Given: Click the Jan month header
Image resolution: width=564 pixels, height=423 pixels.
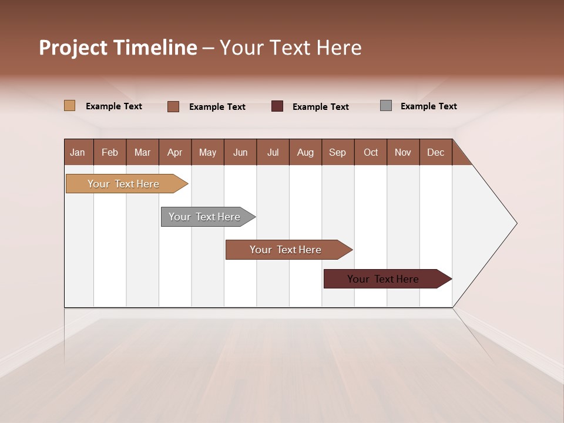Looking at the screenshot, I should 78,152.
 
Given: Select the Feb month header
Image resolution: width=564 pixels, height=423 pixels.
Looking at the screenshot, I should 110,152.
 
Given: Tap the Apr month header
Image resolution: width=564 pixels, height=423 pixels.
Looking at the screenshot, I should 174,152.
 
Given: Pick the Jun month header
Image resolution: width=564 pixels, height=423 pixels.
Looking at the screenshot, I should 240,152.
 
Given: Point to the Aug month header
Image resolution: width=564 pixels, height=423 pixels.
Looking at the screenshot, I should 305,152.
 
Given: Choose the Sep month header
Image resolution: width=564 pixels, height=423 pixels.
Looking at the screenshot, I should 337,152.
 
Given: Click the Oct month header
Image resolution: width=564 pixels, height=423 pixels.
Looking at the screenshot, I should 371,152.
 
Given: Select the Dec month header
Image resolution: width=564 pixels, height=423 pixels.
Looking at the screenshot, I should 435,152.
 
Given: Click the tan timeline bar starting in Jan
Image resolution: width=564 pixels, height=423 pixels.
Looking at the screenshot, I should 124,184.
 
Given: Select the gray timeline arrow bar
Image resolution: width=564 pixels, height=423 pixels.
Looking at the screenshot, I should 205,217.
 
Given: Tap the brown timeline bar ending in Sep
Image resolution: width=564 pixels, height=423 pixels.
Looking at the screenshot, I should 286,250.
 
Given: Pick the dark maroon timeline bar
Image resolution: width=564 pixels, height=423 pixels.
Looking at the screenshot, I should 384,279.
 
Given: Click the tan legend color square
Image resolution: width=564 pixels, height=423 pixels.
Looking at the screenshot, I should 69,106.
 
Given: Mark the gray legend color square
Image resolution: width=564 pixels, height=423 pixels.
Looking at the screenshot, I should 386,106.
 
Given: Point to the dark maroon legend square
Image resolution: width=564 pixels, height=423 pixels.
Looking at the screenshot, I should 277,106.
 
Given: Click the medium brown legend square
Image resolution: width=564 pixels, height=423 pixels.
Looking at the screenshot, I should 173,106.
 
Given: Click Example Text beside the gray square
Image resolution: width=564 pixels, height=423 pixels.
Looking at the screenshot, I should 428,106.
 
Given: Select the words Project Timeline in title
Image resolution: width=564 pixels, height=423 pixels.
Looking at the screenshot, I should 118,48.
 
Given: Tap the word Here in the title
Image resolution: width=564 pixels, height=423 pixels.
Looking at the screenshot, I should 339,48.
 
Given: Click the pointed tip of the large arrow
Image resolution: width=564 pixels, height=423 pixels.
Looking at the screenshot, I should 515,223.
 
